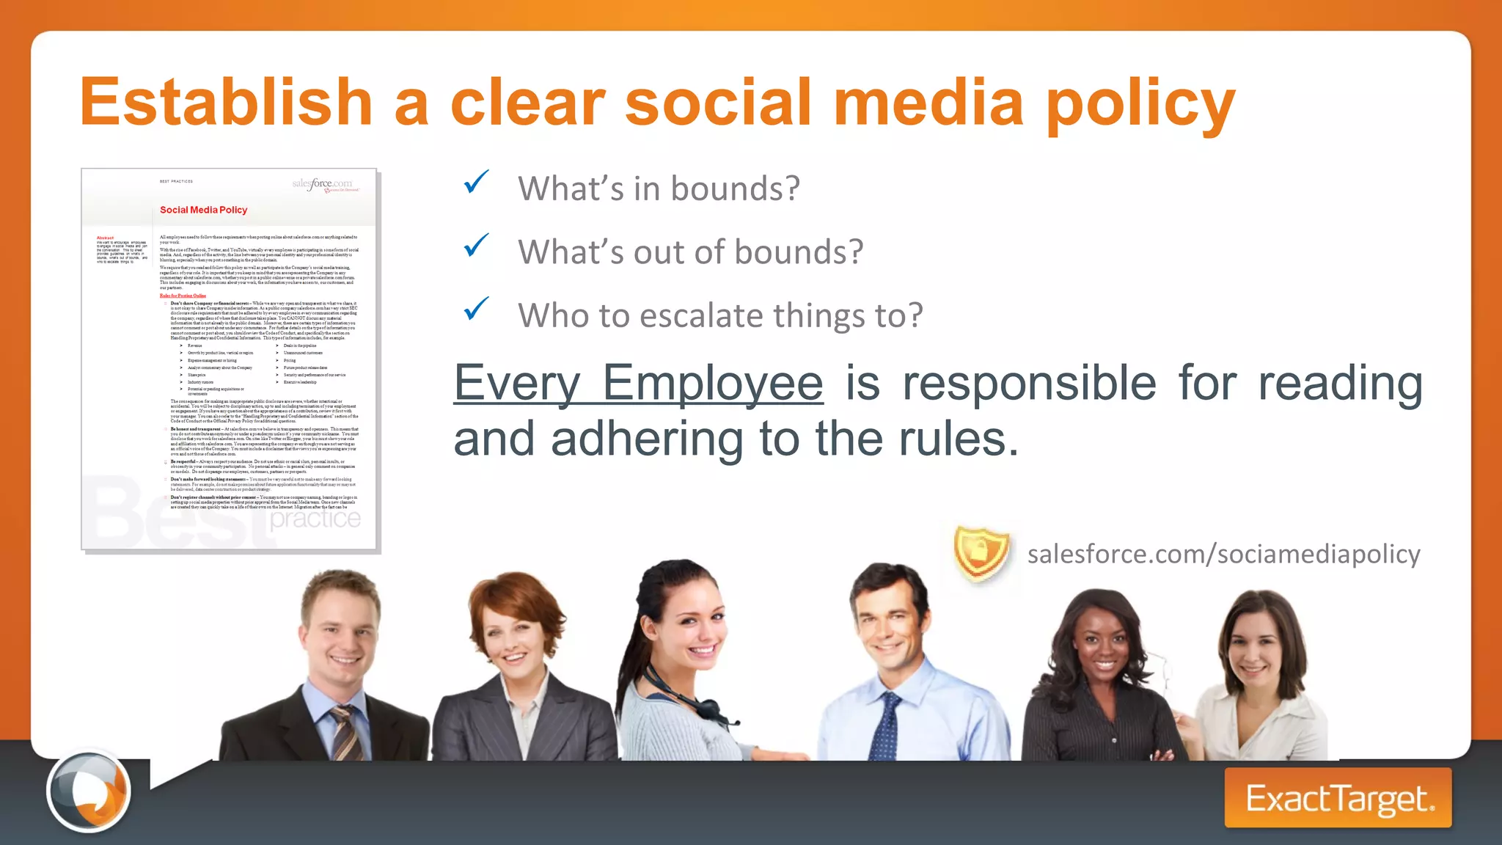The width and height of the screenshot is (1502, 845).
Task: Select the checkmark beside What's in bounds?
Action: pos(477,181)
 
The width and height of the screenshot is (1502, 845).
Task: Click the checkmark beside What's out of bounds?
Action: pos(477,245)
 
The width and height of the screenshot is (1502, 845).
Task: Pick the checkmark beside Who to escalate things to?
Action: pos(477,308)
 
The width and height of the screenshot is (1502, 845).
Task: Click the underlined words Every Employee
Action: pos(638,384)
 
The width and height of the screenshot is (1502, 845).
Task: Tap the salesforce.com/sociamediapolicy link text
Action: pos(1223,554)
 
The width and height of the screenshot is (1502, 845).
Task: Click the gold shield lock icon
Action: pos(981,554)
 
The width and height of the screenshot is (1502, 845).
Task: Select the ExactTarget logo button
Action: pos(1338,798)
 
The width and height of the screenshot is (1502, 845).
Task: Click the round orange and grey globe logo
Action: pos(89,791)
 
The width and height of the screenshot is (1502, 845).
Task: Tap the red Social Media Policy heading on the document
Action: pos(203,210)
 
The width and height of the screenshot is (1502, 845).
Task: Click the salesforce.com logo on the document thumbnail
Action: pos(323,183)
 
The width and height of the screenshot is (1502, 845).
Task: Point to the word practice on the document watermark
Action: pos(315,519)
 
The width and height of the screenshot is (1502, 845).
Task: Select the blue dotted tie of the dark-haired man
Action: pos(885,726)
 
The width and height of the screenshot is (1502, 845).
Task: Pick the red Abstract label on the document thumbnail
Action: pos(105,238)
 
